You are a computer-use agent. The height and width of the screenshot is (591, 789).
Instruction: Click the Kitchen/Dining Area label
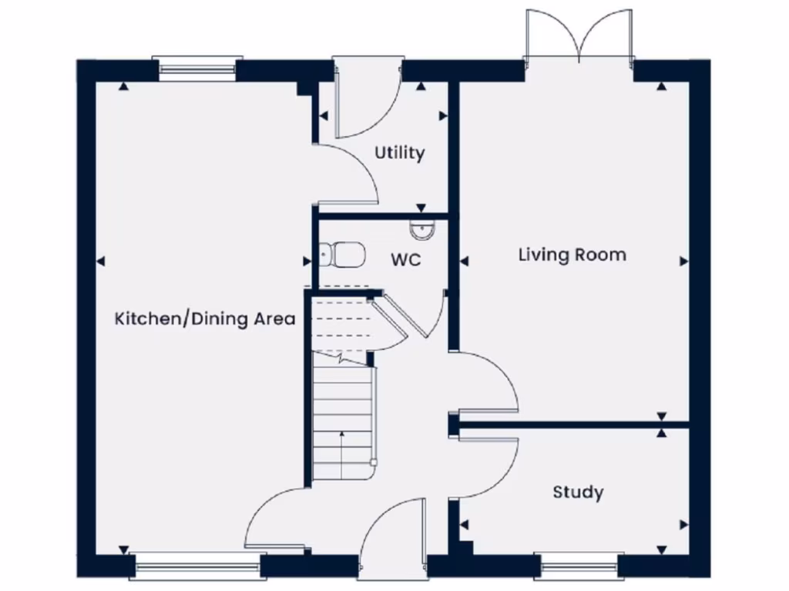tap(205, 319)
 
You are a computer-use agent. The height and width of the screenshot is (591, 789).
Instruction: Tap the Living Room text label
tap(572, 255)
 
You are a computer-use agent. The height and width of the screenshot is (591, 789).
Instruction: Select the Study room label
tap(578, 492)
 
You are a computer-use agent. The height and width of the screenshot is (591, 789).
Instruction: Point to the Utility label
tap(399, 153)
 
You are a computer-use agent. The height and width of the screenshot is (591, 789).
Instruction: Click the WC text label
tap(405, 260)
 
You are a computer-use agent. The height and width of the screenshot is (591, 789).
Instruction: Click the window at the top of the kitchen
tap(196, 68)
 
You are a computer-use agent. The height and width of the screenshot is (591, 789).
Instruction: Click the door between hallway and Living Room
tap(485, 381)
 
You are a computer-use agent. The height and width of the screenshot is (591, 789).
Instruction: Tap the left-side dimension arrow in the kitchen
tap(99, 262)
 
